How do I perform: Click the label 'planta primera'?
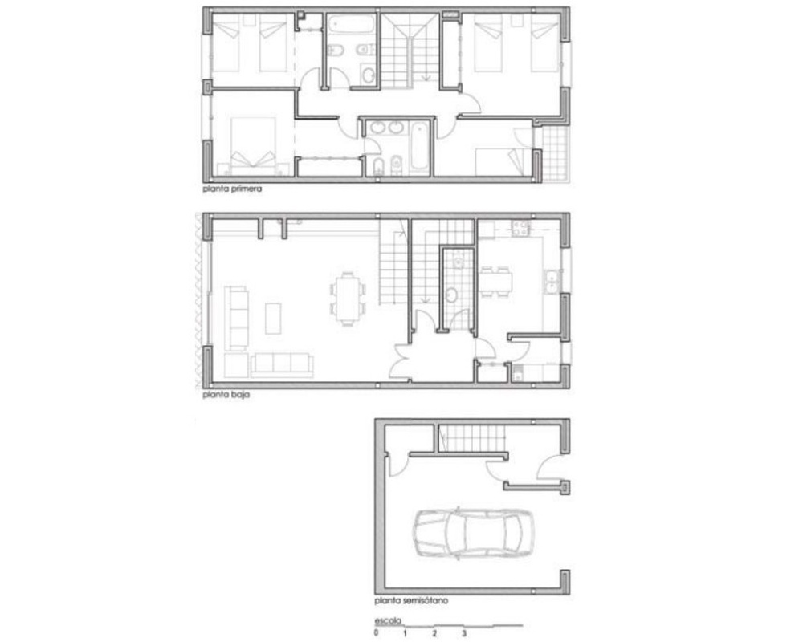232,189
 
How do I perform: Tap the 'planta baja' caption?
226,396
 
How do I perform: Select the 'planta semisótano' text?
411,600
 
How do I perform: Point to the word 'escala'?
388,621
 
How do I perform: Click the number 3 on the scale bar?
464,634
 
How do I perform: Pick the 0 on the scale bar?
377,634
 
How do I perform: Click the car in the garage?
473,532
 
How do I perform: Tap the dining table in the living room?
348,299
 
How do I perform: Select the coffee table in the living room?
273,319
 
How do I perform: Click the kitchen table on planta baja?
495,282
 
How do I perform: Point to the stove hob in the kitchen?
520,229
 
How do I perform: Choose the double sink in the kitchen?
552,282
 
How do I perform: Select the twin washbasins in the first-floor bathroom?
386,128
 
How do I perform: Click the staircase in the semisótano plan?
471,439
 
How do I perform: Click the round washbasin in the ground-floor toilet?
451,295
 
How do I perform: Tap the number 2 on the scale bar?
434,634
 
